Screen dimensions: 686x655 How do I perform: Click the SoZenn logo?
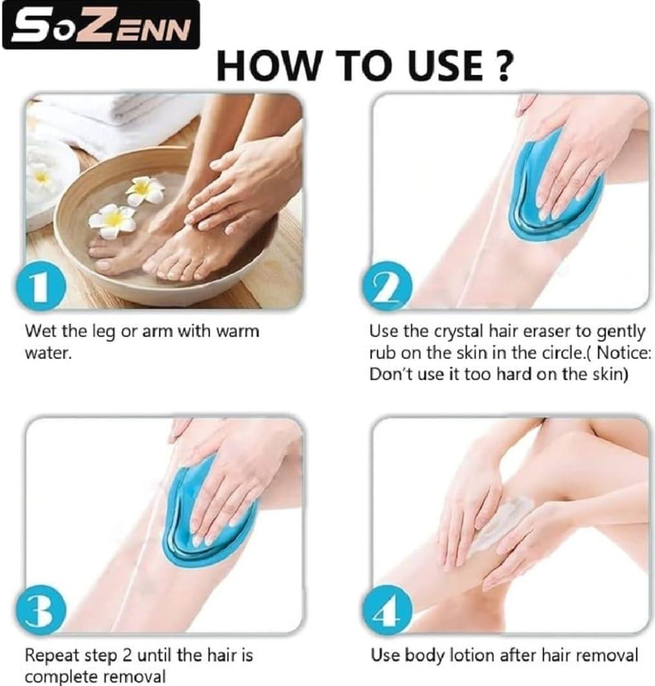[101, 26]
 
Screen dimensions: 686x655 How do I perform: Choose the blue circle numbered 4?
[386, 609]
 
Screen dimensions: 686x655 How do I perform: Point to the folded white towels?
[109, 116]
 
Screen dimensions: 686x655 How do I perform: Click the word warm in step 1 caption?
[237, 333]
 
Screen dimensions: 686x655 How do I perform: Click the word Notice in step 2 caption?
[624, 354]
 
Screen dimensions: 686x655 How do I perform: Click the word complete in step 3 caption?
[59, 676]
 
